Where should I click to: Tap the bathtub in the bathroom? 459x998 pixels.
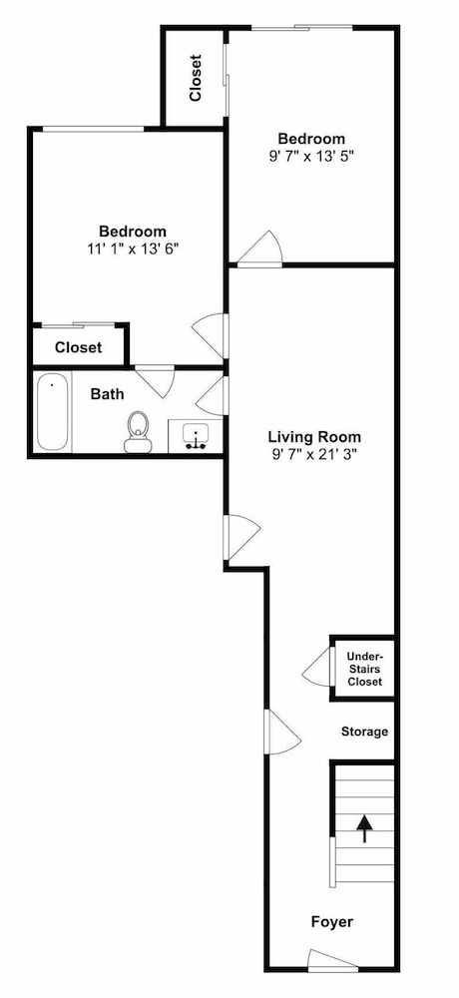53,412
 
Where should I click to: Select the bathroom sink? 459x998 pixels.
196,436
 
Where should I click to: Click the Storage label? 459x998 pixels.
364,732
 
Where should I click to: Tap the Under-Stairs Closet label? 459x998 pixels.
365,669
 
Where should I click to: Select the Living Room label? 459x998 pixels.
314,437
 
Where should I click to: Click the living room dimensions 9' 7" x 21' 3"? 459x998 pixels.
314,454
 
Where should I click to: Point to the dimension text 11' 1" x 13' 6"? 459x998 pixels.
133,249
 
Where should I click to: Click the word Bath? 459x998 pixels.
107,394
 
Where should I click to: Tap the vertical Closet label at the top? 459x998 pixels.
196,78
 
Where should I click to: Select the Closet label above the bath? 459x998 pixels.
78,348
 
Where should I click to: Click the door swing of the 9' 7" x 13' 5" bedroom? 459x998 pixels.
259,249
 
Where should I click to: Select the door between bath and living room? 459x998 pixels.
211,396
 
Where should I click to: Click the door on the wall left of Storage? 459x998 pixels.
282,732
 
